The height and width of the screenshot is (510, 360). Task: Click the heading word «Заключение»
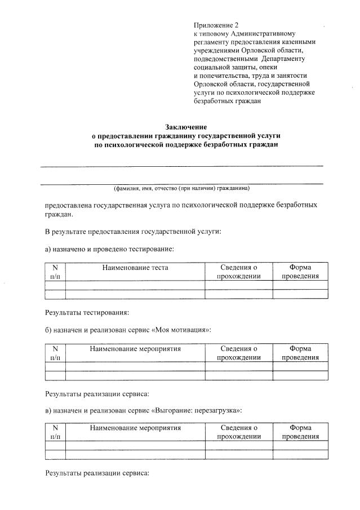click(x=185, y=127)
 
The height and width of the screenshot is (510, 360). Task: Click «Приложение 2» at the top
click(x=216, y=25)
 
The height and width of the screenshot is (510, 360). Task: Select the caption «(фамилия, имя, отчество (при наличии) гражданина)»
click(x=181, y=188)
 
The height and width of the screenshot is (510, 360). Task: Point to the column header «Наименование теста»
click(x=135, y=268)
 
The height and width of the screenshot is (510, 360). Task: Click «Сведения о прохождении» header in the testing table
click(x=238, y=272)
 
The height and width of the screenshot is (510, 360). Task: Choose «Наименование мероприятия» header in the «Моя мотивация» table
click(x=135, y=349)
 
